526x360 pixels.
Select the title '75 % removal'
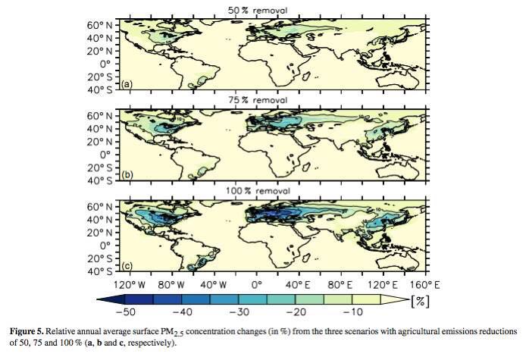(258, 100)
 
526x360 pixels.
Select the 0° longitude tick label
(256, 285)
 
